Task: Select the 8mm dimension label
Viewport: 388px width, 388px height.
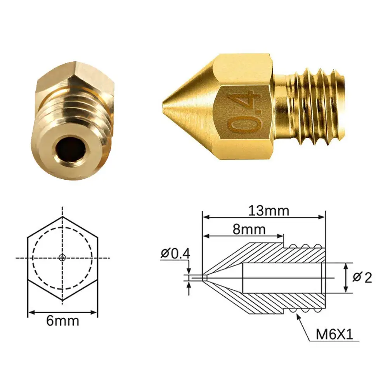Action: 249,229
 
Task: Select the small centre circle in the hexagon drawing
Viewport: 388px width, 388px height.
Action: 62,258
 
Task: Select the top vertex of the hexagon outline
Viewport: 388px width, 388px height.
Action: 62,217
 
